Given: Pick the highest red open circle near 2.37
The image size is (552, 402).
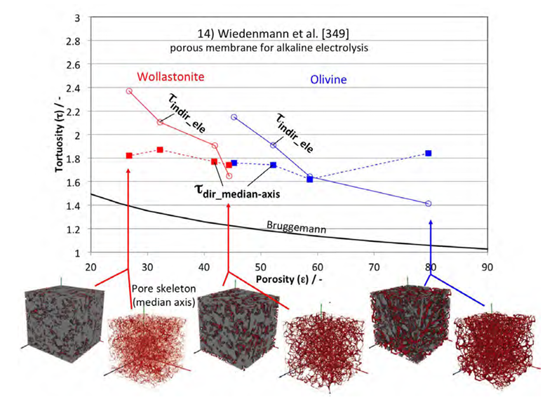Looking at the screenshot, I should [129, 91].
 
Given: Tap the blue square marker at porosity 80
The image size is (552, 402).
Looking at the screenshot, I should [429, 153].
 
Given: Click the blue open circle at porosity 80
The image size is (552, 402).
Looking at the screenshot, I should [429, 203].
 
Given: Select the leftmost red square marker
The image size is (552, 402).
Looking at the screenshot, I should [129, 155].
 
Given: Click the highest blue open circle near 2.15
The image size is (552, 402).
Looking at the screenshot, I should [234, 117].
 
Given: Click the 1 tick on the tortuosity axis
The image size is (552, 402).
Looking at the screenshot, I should [79, 253].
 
